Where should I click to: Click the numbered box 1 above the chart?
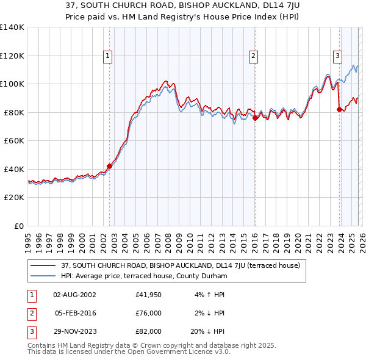(108, 56)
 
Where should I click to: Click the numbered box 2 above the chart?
(253, 56)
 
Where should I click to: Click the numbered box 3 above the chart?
(337, 56)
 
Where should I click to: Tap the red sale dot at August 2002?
(110, 166)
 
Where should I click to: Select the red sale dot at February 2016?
(254, 118)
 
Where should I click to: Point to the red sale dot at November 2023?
(339, 110)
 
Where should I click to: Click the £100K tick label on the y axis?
(12, 84)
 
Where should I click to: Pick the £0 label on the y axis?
(18, 226)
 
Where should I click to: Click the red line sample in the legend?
(43, 265)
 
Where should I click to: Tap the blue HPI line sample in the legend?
(43, 276)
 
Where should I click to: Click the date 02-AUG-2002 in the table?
(74, 295)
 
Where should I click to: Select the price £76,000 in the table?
(148, 313)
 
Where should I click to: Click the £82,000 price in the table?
(148, 331)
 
